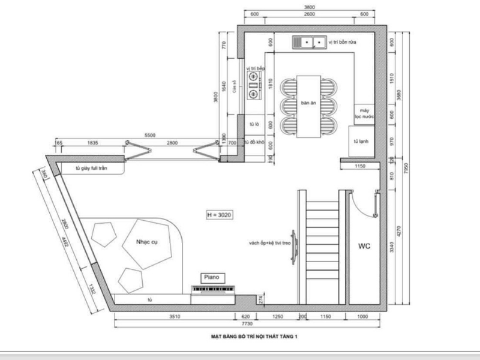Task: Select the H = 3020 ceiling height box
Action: [218, 214]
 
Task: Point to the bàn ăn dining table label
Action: [308, 103]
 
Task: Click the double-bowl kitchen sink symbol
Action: [310, 42]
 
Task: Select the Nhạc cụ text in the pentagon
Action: [146, 242]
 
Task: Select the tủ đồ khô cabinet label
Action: [254, 143]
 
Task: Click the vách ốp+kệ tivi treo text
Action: [266, 243]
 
